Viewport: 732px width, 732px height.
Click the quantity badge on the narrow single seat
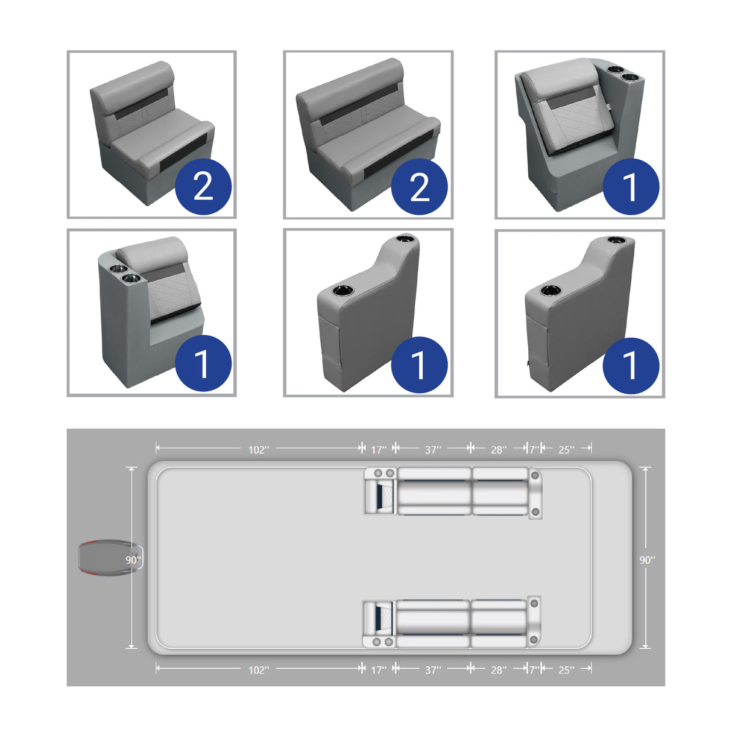tap(203, 186)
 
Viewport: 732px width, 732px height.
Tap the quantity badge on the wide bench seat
tap(420, 186)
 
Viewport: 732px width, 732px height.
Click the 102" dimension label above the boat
tap(259, 450)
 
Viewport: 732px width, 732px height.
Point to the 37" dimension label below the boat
tap(433, 670)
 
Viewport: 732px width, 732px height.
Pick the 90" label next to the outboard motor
tap(133, 560)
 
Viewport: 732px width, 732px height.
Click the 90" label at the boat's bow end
tap(647, 560)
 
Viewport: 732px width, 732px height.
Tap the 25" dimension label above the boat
tap(566, 450)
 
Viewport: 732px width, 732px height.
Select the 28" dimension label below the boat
tap(498, 670)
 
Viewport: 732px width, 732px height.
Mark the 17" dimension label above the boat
tap(378, 450)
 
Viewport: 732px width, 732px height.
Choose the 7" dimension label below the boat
tap(534, 670)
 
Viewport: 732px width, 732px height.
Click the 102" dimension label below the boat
tap(259, 670)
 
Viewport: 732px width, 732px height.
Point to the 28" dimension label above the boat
tap(498, 450)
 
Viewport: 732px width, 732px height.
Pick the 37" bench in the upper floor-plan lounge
tap(434, 491)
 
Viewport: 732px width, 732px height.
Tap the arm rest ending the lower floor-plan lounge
tap(534, 623)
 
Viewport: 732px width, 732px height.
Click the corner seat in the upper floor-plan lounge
tap(380, 491)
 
